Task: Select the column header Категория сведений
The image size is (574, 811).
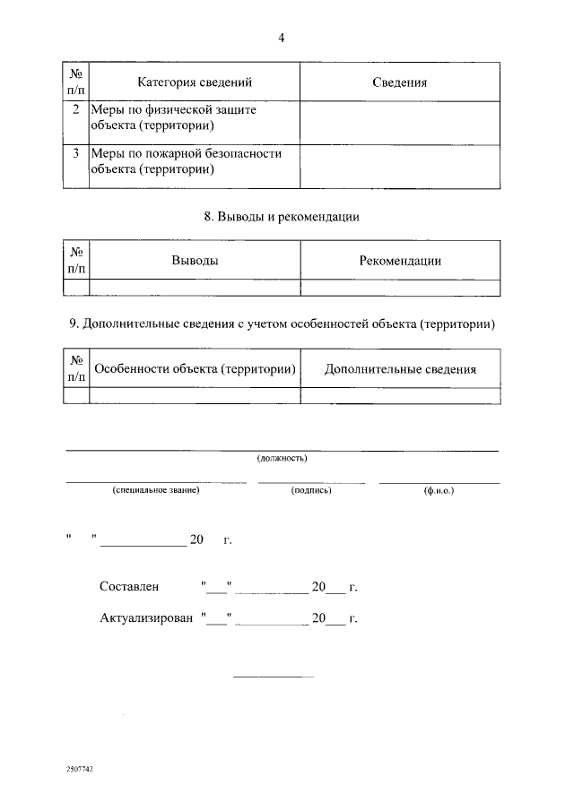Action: point(195,82)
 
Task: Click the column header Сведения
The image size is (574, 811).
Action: point(399,82)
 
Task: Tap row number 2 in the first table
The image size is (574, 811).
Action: point(75,109)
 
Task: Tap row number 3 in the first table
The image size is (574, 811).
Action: point(75,153)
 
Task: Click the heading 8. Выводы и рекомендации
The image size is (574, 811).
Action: point(282,217)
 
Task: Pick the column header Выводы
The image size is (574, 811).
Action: point(195,261)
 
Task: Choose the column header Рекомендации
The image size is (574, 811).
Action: point(400,261)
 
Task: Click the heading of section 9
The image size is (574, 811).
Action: point(282,324)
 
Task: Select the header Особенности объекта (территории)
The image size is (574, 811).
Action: point(196,368)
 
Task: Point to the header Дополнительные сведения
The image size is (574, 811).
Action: point(400,368)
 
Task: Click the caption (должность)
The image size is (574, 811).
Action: point(282,458)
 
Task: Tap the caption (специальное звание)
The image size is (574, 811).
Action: point(155,490)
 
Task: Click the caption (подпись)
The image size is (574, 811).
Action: point(311,490)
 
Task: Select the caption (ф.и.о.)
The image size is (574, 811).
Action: point(439,490)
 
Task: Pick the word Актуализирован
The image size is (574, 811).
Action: point(146,618)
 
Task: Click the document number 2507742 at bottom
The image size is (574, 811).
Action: point(80,769)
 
